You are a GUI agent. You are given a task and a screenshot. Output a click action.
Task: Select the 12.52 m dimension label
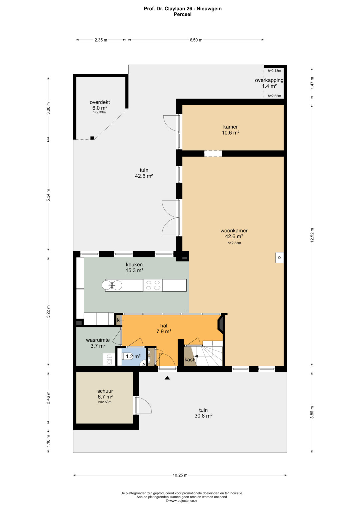pos(312,235)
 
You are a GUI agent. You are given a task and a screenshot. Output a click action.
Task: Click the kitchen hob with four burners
pos(153,285)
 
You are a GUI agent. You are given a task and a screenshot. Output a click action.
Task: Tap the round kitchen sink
pos(112,285)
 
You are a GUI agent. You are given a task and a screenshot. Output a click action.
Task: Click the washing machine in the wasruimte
pos(109,359)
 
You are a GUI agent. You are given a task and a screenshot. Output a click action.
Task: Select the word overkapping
pos(269,80)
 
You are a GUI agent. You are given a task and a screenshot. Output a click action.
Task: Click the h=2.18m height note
pos(274,71)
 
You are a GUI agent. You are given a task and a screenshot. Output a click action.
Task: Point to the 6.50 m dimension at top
pos(196,40)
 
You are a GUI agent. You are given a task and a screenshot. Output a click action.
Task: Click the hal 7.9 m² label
pos(164,329)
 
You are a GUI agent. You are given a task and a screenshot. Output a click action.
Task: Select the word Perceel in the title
pos(183,14)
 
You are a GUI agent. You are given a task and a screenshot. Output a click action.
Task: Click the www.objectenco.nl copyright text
pos(182,500)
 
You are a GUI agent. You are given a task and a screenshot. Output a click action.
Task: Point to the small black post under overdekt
pos(92,138)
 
